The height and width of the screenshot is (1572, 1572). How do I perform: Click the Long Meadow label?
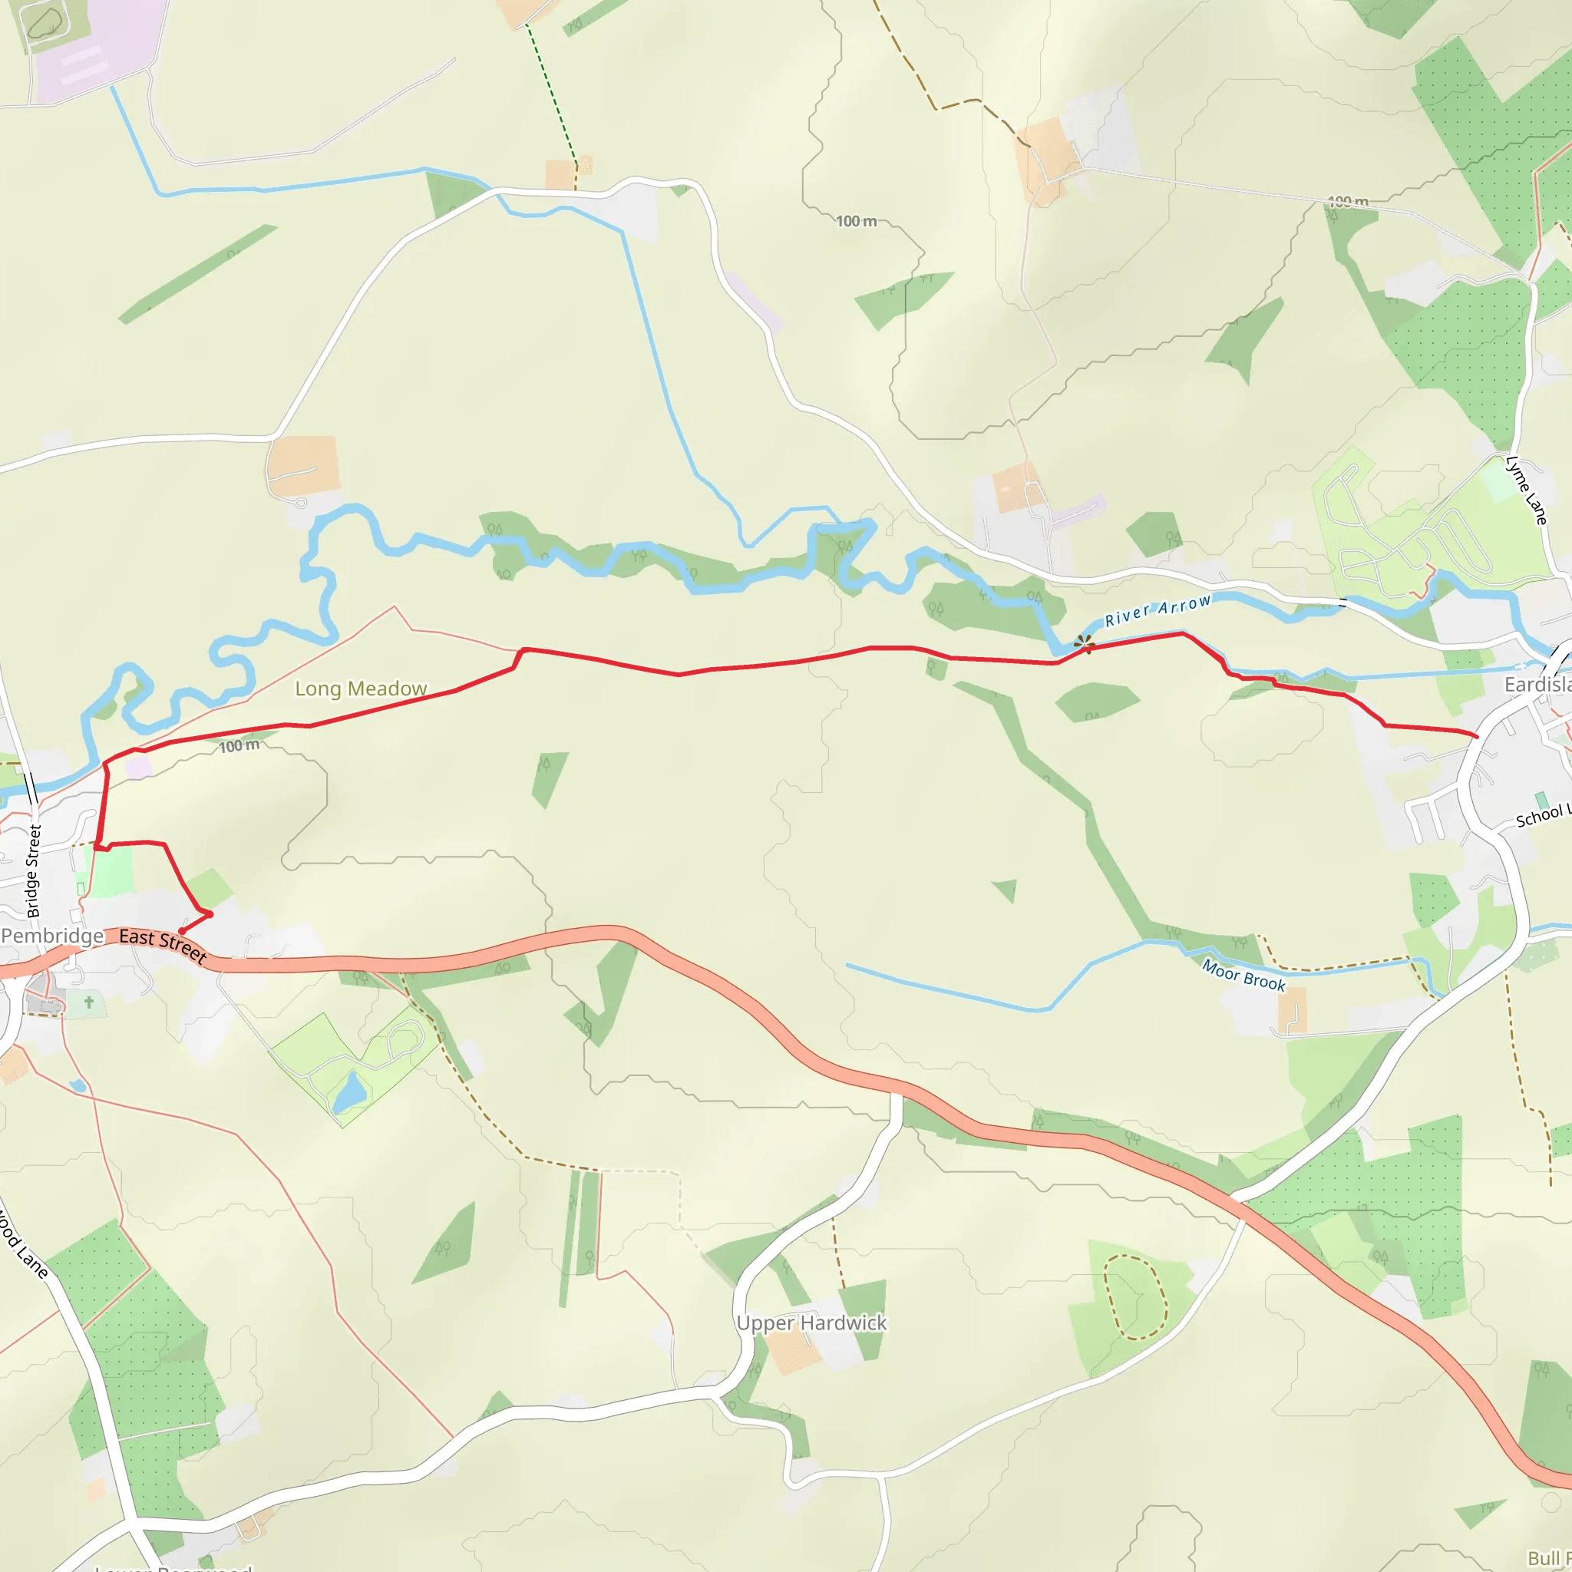(361, 689)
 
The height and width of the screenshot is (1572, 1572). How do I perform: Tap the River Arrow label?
(1157, 610)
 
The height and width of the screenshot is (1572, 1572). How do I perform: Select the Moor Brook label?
(1243, 976)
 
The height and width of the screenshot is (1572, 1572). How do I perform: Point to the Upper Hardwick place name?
(811, 1323)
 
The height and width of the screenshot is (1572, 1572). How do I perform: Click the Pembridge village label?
(52, 936)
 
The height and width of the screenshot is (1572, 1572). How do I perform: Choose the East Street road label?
(163, 945)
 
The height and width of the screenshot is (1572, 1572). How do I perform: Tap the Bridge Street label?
(33, 870)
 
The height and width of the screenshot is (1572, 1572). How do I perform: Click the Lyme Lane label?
(1526, 490)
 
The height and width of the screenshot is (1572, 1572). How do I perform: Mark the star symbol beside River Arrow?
(1084, 645)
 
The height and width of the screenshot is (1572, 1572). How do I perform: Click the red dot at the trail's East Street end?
(181, 931)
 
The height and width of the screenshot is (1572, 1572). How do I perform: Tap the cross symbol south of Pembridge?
(89, 1002)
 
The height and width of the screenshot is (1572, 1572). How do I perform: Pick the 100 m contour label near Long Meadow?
(239, 745)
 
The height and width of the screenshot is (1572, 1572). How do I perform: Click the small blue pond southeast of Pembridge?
(350, 1093)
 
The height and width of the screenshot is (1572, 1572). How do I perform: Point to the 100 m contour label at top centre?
(856, 221)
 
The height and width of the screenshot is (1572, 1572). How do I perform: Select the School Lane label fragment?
(1543, 815)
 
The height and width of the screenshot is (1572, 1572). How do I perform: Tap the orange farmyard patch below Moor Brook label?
(1291, 1010)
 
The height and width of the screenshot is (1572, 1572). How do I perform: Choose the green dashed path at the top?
(552, 94)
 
